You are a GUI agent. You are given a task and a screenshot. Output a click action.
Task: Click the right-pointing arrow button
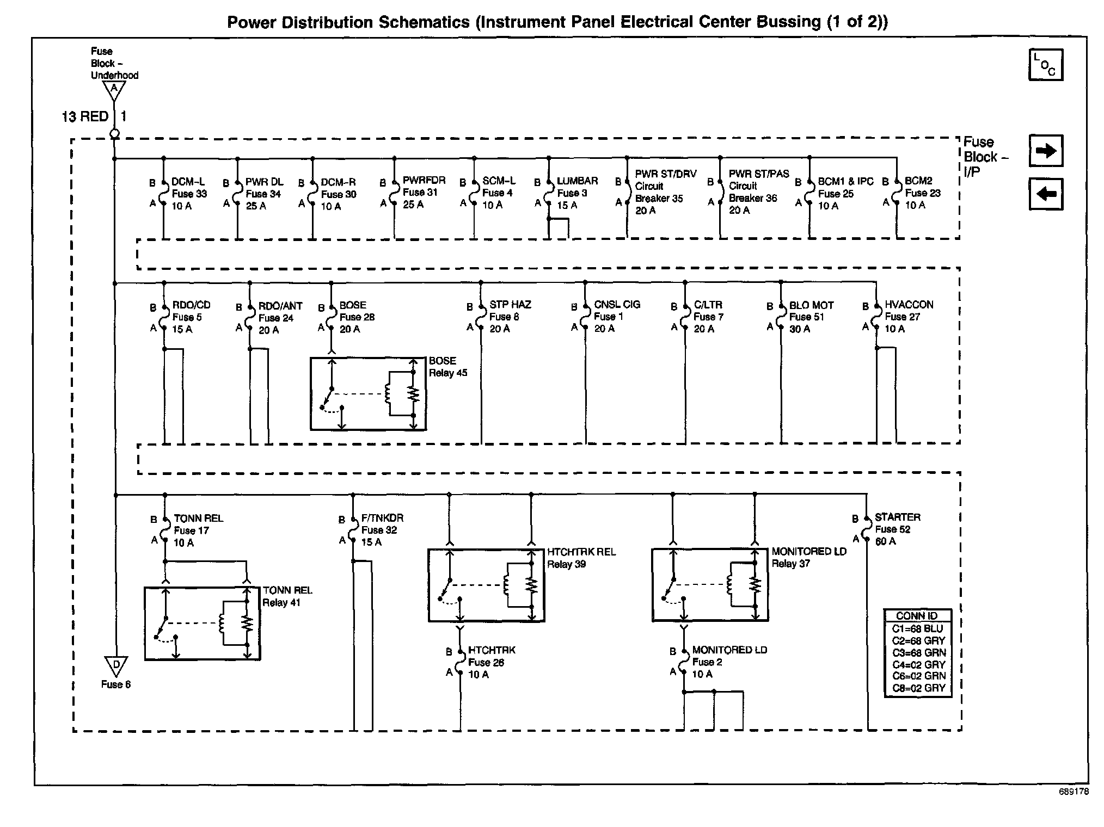click(1045, 151)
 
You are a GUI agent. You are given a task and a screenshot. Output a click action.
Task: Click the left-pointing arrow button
click(1045, 194)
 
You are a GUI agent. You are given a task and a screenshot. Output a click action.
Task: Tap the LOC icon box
click(1045, 65)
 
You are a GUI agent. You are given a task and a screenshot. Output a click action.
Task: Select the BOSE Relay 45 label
click(448, 367)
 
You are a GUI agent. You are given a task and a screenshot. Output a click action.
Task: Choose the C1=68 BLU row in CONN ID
click(917, 628)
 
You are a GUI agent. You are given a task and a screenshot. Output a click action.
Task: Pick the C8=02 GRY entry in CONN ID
click(919, 688)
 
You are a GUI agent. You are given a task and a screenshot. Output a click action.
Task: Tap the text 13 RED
click(85, 116)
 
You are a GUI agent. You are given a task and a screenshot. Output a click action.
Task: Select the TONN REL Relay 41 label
click(287, 596)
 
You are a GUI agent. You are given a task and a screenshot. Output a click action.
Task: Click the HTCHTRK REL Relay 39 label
click(581, 558)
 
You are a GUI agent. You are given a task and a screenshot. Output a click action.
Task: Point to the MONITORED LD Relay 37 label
click(809, 557)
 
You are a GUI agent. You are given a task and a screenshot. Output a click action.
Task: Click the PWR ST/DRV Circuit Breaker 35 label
click(666, 192)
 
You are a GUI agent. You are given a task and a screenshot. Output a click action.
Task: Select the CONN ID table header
click(917, 616)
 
